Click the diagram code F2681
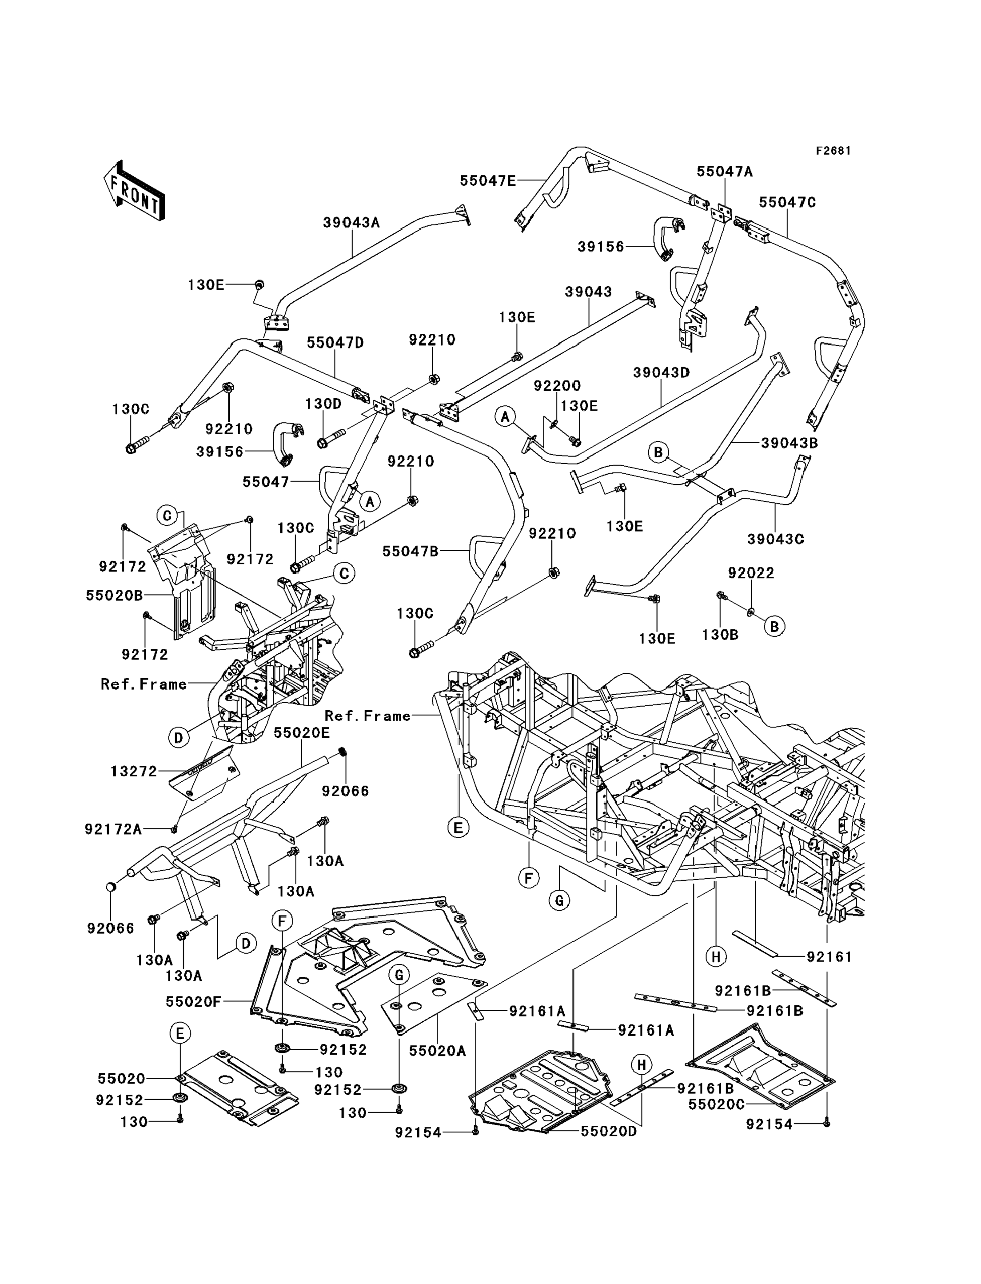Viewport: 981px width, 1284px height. (x=833, y=151)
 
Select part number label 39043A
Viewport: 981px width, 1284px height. (x=351, y=223)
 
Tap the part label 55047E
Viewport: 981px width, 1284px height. (x=487, y=180)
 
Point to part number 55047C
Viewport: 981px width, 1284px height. (x=787, y=202)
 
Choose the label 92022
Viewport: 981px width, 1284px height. (x=750, y=573)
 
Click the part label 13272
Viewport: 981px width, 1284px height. (x=134, y=772)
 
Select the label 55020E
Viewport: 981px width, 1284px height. (x=302, y=732)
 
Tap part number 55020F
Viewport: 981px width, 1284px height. (x=193, y=1002)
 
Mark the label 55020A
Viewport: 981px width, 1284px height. (x=437, y=1051)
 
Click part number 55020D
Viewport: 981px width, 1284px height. (x=608, y=1132)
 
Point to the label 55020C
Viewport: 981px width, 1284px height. (x=717, y=1104)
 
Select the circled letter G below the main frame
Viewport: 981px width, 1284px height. (x=559, y=900)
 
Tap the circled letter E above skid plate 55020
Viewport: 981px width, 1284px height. (x=180, y=1033)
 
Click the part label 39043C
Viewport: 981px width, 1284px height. (x=775, y=539)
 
